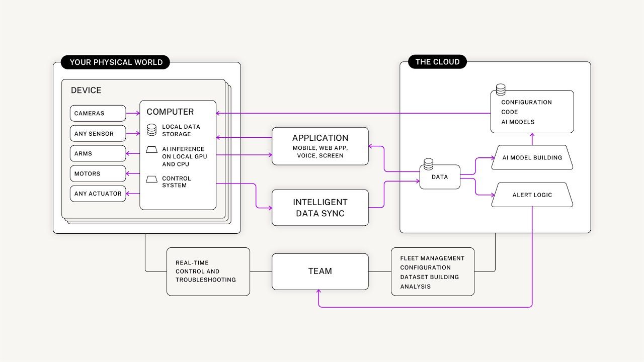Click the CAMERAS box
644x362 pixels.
98,113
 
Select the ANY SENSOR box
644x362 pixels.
98,134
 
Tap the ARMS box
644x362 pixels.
98,153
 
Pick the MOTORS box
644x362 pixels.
98,173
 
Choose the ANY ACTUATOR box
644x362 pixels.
98,194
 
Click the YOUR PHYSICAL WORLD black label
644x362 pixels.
116,62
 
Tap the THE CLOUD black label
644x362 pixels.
437,62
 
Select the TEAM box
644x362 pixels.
320,271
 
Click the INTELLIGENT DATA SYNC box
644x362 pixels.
320,208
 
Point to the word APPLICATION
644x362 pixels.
320,138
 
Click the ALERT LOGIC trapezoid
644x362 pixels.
532,195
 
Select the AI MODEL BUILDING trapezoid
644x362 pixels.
532,157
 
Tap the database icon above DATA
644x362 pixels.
428,164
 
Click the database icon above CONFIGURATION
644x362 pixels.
501,90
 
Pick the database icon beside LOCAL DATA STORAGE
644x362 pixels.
151,130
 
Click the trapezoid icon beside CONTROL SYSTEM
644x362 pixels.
151,179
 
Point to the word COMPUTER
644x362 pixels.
170,112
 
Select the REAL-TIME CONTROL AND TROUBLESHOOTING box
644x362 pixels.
208,271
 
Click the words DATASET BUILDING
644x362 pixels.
429,277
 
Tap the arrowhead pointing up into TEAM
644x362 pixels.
319,293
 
